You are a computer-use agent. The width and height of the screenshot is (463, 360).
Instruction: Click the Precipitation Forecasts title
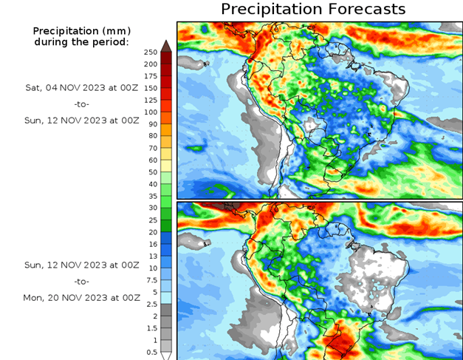click(x=313, y=9)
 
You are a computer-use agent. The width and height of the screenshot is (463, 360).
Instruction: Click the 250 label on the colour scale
click(x=151, y=52)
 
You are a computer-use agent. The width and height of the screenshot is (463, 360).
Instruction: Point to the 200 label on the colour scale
click(x=151, y=64)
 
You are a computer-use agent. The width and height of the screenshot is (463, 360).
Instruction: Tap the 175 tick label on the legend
click(x=151, y=76)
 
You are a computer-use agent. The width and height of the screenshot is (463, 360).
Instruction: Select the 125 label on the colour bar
click(x=151, y=100)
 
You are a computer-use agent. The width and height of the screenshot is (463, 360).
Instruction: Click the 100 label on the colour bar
click(x=151, y=112)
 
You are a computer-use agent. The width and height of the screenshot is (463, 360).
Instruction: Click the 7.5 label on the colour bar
click(x=151, y=279)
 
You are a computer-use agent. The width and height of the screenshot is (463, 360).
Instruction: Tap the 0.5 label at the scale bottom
click(x=151, y=352)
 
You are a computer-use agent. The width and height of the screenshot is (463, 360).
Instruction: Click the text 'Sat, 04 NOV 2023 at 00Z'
click(x=80, y=87)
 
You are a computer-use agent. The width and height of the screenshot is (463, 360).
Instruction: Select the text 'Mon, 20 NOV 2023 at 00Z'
click(x=80, y=298)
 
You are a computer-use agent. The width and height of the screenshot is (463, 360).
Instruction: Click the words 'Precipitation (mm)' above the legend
click(x=80, y=31)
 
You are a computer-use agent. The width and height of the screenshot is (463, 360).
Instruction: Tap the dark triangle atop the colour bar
click(x=167, y=46)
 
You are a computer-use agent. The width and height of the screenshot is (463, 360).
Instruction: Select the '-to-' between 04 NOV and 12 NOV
click(x=80, y=104)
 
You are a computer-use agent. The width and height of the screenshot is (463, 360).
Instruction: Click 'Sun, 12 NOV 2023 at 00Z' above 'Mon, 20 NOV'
click(x=80, y=264)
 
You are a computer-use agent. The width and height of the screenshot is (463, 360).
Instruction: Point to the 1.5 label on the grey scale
click(x=151, y=327)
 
